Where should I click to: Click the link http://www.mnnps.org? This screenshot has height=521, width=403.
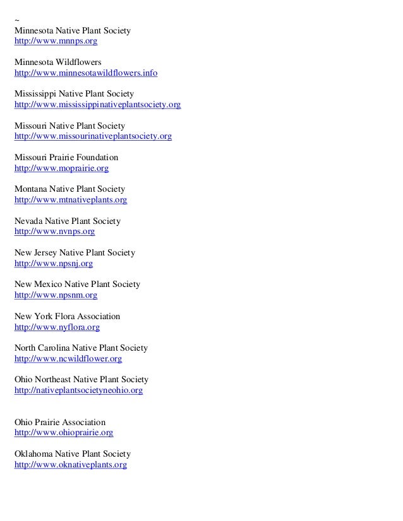56,42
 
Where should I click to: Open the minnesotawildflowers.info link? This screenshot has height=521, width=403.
85,73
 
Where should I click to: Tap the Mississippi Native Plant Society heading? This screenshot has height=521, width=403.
78,94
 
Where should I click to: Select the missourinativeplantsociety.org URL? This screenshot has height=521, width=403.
93,136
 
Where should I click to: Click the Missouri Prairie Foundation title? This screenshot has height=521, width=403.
66,157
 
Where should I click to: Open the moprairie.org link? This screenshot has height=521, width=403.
61,168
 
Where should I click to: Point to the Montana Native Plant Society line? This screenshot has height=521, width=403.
69,189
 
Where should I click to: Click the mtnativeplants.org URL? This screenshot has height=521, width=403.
71,200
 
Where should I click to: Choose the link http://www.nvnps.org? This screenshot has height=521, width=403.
54,231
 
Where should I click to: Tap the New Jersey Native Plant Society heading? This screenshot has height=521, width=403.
75,253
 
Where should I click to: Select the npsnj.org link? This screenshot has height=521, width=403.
54,264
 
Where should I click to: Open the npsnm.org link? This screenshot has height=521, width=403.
56,295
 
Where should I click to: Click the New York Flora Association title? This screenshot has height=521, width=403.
67,316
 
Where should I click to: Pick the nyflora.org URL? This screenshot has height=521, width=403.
57,327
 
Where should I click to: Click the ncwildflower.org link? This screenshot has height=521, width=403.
68,359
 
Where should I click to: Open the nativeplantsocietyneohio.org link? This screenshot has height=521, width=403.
78,390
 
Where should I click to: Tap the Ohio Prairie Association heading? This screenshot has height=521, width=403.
60,422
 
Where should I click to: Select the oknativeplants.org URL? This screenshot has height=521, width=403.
71,465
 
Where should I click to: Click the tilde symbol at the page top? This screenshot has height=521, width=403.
17,20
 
